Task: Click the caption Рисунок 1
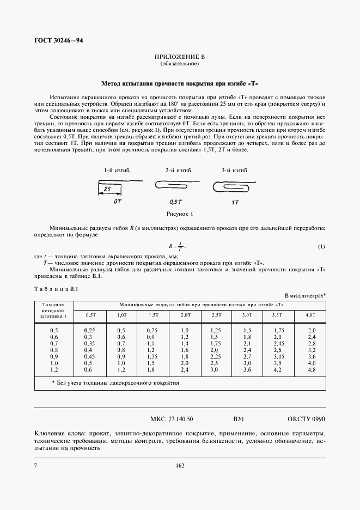179,215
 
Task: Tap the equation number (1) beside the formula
321,247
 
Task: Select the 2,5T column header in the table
217,315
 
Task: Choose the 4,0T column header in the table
311,315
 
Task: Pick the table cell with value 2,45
279,344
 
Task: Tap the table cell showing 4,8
311,370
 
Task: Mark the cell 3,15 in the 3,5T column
279,357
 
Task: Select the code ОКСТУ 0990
306,420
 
